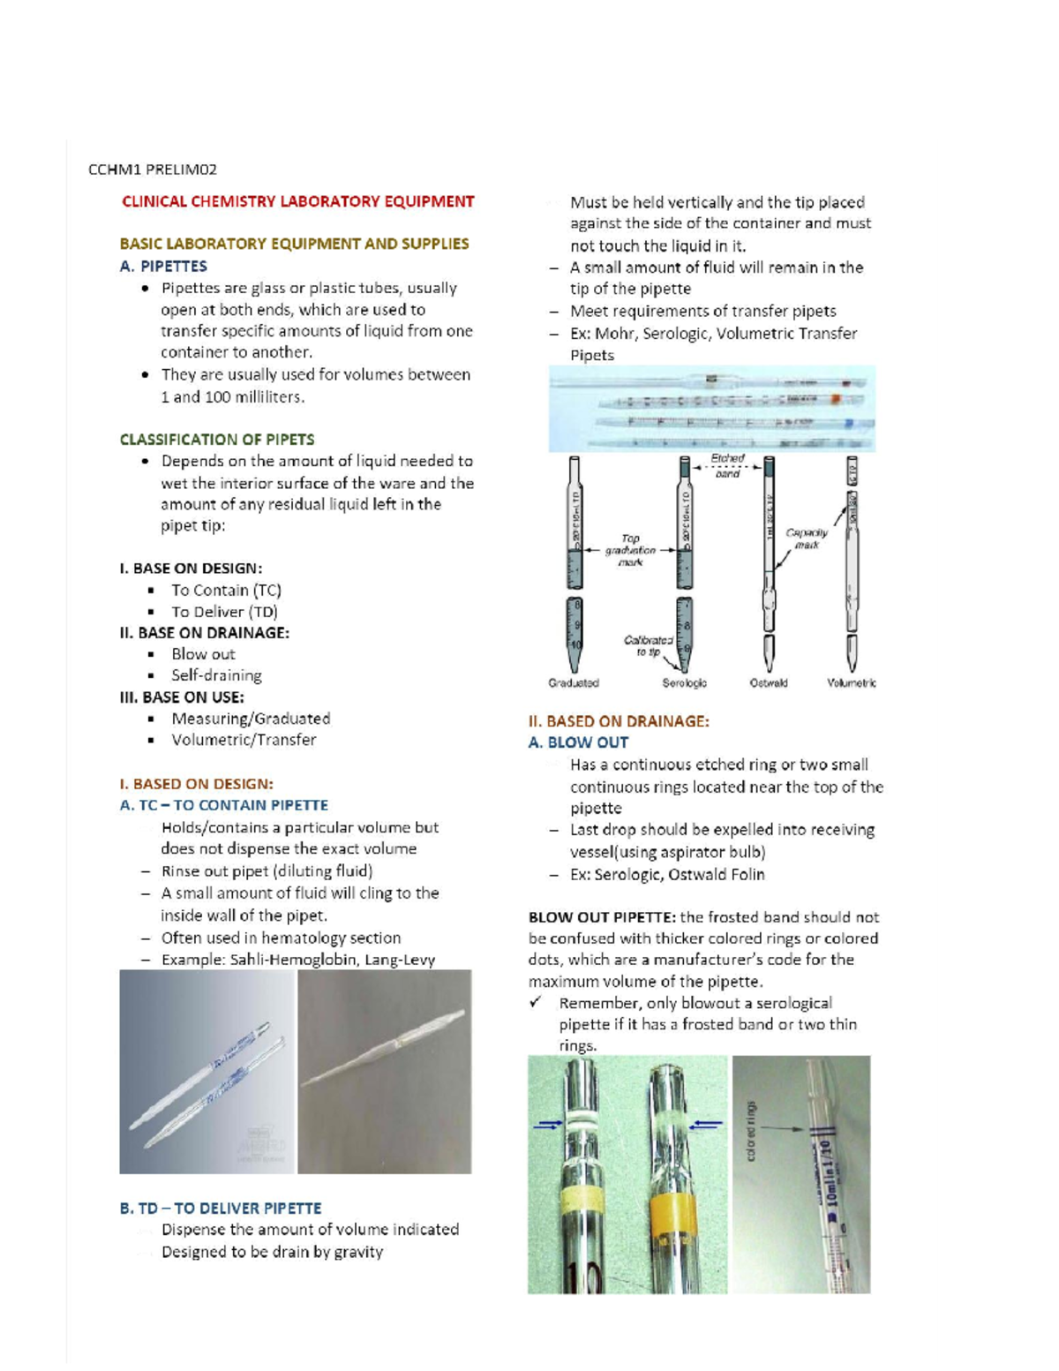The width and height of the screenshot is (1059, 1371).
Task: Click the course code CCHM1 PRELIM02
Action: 152,169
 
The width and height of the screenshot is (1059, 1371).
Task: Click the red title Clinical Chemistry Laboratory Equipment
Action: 297,201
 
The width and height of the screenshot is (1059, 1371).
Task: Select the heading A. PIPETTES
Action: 163,266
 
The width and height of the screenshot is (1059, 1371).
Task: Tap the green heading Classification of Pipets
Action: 216,439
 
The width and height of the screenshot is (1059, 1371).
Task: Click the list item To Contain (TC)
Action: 226,590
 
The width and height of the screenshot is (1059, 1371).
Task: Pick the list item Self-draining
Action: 216,675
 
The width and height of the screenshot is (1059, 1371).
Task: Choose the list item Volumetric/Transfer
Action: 244,740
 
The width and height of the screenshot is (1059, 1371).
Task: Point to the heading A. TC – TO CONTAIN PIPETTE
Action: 223,805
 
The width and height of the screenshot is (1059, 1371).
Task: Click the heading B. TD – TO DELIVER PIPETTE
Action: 221,1208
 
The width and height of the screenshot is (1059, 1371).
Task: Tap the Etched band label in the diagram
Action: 727,465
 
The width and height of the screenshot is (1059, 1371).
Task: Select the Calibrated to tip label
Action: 648,645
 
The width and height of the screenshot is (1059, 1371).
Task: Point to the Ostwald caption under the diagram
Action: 769,682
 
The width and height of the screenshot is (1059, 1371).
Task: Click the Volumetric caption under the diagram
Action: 851,682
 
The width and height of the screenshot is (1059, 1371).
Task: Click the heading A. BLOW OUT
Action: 578,742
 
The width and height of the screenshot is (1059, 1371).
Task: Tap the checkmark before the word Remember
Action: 536,1002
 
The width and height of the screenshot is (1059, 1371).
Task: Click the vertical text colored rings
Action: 751,1131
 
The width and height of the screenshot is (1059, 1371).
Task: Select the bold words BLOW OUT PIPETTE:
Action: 602,917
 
